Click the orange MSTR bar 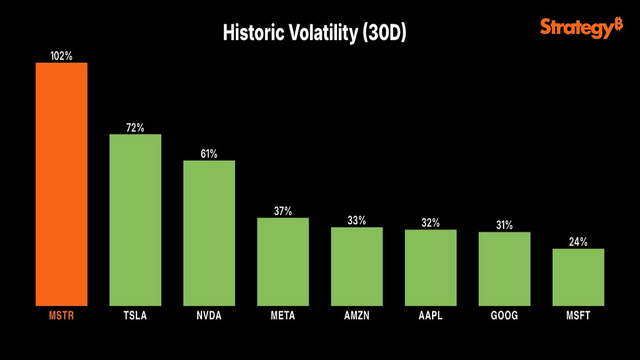click(61, 184)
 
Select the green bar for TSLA click(135, 220)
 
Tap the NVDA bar click(209, 233)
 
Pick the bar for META click(283, 261)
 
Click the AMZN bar click(357, 266)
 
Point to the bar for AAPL click(431, 267)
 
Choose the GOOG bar click(504, 269)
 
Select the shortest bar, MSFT click(578, 277)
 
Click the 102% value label click(61, 56)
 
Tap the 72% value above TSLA click(135, 128)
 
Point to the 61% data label click(209, 154)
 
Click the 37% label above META click(283, 211)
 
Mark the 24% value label click(578, 242)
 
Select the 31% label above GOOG click(504, 225)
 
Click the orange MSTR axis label click(61, 316)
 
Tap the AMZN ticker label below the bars click(357, 316)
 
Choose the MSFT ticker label click(578, 316)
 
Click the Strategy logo click(581, 28)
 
